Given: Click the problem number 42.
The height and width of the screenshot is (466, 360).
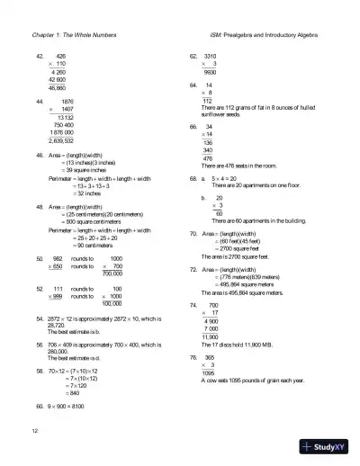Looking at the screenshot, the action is [x=39, y=56].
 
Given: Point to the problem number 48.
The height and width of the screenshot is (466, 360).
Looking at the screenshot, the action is [x=39, y=206].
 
